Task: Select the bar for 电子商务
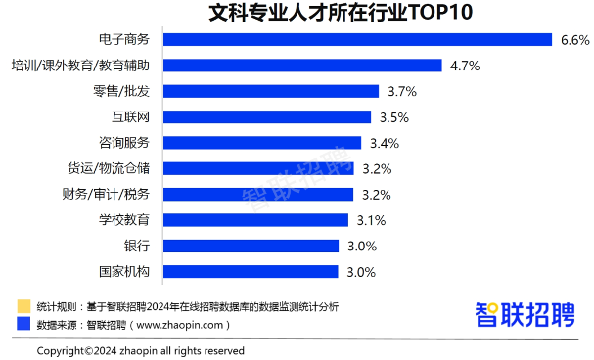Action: [x=358, y=40]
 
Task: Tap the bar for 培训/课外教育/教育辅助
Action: [x=302, y=66]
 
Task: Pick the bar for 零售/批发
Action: [x=270, y=91]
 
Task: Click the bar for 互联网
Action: [x=266, y=117]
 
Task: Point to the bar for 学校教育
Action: [x=255, y=220]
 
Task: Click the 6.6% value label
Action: [x=574, y=40]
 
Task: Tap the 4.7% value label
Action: [x=464, y=66]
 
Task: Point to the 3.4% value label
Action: [x=385, y=143]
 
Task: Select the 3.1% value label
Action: [x=371, y=220]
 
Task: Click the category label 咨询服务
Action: [x=125, y=143]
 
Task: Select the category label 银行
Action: [x=137, y=246]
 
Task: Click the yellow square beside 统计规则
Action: [x=23, y=306]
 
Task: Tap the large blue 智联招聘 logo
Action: [x=525, y=315]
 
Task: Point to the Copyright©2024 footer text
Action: [x=141, y=350]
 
